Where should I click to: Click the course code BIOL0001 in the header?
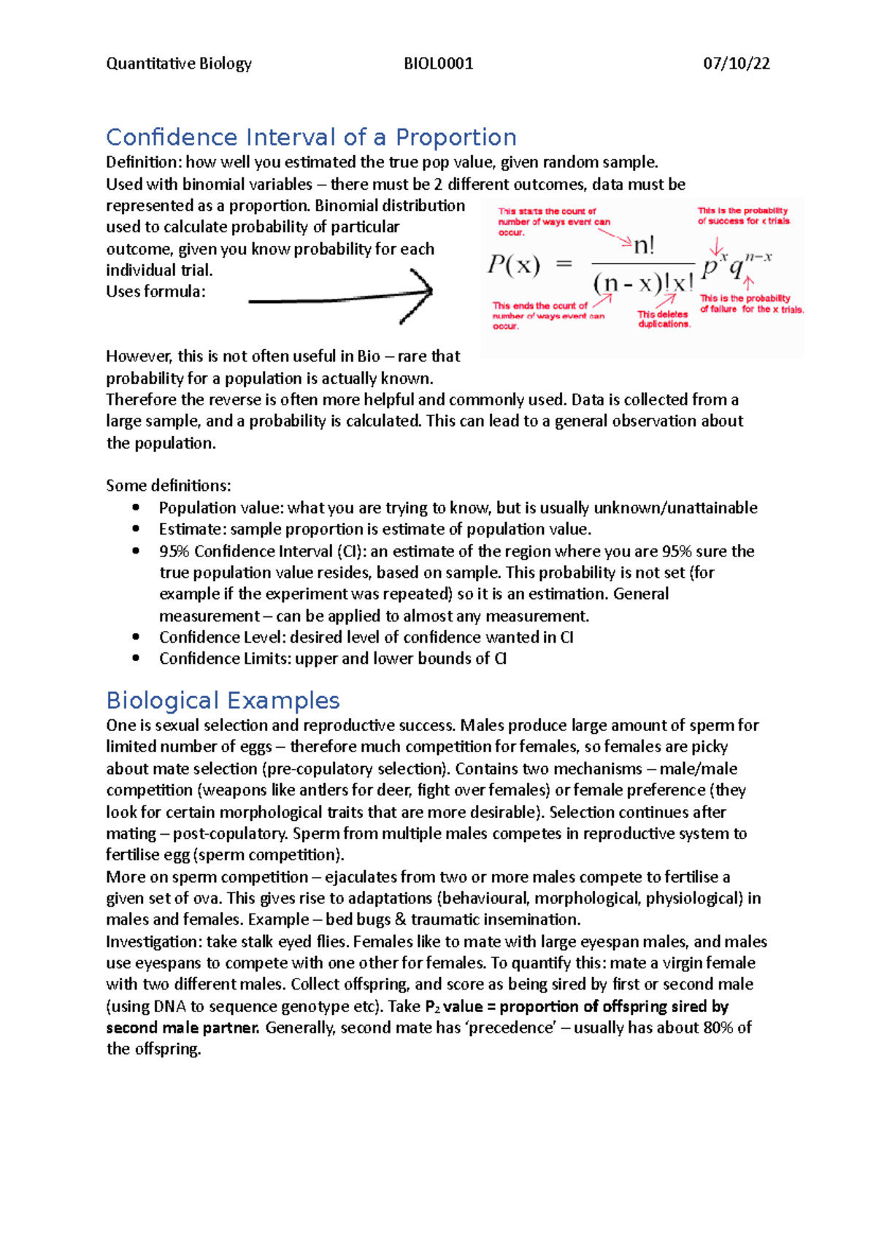438,64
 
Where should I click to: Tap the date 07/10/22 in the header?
736,64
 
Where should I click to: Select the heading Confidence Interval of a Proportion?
311,137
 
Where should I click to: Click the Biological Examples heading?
223,700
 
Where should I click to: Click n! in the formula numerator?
643,246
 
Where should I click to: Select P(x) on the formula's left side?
513,264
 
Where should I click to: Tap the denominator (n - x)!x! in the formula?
642,283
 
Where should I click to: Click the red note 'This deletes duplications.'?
663,319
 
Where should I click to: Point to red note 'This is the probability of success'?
742,215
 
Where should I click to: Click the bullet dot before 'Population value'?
136,508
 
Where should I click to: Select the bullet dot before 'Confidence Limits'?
136,658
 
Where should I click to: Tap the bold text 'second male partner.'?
182,1028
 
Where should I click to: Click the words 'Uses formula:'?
155,291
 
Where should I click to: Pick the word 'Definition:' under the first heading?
143,162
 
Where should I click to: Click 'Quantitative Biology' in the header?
179,64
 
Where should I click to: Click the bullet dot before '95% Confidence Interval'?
136,551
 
